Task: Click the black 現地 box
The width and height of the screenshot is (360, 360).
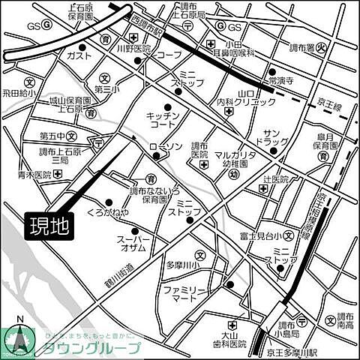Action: tap(50, 226)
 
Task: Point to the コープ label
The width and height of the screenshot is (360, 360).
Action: tap(169, 55)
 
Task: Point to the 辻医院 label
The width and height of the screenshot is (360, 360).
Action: tap(275, 180)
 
